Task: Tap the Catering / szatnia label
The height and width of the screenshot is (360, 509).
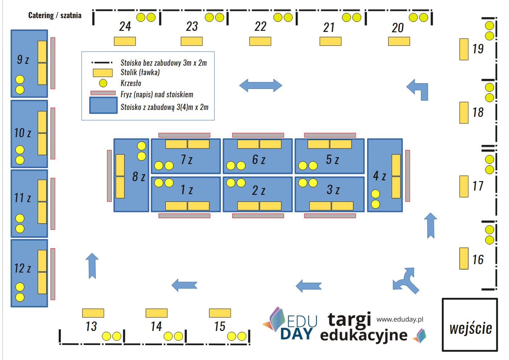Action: [55, 15]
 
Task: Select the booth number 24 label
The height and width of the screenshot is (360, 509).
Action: [125, 26]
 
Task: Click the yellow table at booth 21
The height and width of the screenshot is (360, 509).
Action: [330, 41]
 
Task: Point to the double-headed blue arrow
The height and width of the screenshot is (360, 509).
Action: [260, 85]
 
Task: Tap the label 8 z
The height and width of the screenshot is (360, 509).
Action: [139, 177]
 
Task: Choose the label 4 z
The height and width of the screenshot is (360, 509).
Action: [379, 176]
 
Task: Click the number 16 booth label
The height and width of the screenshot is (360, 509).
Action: [478, 259]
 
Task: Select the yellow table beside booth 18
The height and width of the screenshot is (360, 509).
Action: [464, 113]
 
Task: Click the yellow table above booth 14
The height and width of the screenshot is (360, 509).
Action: [156, 313]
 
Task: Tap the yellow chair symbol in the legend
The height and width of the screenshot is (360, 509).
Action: [103, 83]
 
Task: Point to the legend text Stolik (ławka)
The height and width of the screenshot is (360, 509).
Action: [140, 72]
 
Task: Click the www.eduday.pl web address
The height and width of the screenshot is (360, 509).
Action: [400, 319]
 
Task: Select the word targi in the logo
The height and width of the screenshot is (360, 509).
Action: [349, 319]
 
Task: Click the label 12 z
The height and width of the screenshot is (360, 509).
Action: [22, 268]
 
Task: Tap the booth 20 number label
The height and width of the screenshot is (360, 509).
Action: [398, 28]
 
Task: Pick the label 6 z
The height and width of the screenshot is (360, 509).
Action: [259, 159]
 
